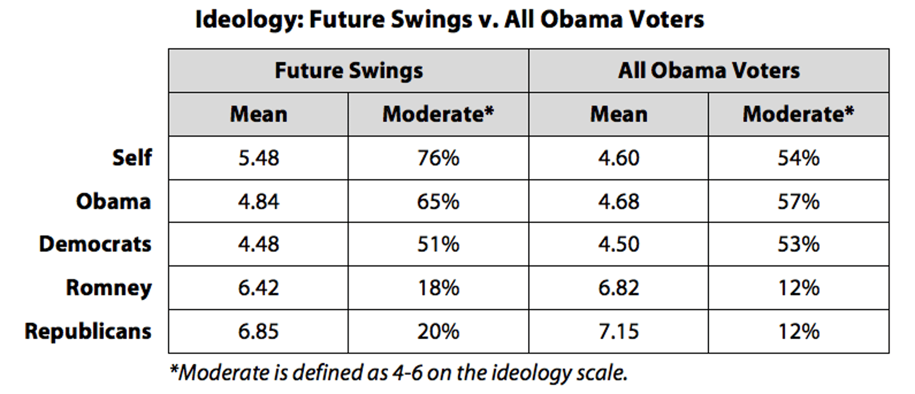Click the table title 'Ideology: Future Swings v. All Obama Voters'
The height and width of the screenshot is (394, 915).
[x=449, y=20]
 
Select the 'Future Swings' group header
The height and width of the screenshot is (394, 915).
[x=349, y=70]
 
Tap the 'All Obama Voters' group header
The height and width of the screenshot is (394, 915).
[x=709, y=70]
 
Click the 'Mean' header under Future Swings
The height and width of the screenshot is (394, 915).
[x=258, y=114]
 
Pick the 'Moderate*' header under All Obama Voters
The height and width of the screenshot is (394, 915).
[x=798, y=114]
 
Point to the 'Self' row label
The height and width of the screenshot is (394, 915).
[x=132, y=157]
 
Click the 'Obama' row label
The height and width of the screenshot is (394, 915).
[x=113, y=201]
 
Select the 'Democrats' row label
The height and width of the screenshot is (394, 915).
[x=95, y=245]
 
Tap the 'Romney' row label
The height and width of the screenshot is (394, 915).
[x=109, y=288]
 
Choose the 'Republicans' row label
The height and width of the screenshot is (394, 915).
[x=88, y=332]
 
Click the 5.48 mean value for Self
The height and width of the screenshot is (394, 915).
[x=258, y=158]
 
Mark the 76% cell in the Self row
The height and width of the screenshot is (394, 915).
[x=438, y=158]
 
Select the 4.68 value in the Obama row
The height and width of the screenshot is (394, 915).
[x=618, y=201]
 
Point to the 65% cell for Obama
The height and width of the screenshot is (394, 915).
[x=438, y=201]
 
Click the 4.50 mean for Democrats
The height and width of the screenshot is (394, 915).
[x=618, y=245]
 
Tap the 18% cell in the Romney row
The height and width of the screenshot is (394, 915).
[x=438, y=288]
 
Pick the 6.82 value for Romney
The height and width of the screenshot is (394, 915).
[x=618, y=288]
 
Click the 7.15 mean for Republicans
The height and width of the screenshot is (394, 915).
[x=618, y=332]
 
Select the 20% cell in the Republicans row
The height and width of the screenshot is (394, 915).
[x=438, y=332]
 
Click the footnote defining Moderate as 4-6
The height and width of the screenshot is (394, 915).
[x=399, y=372]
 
